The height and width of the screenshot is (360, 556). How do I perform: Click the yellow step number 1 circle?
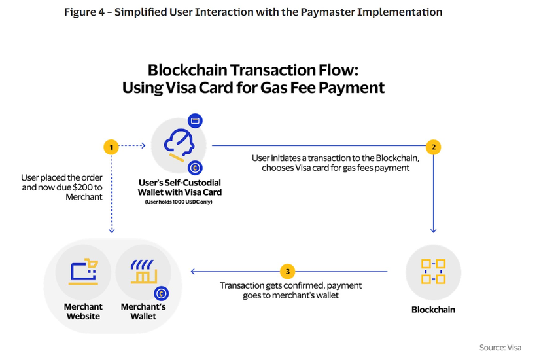[x=113, y=147]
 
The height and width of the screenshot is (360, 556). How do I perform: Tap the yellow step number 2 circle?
[x=432, y=147]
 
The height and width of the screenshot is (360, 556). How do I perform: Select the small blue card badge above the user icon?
[x=194, y=121]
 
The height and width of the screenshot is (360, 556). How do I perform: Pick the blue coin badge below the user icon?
[x=194, y=169]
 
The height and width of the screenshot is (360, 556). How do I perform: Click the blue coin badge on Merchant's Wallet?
[x=160, y=295]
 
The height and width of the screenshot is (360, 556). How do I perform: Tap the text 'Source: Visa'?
[x=500, y=348]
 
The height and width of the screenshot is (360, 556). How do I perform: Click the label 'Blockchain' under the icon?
[x=433, y=309]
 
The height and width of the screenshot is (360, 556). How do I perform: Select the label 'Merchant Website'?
[x=83, y=311]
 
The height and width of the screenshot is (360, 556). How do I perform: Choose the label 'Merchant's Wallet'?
[x=139, y=311]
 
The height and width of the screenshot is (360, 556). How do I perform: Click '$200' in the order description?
[x=80, y=187]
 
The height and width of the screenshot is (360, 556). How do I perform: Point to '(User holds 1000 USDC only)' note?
[x=179, y=202]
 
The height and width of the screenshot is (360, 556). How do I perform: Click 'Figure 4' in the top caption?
[x=86, y=12]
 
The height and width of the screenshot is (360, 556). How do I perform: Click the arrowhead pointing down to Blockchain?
[x=433, y=230]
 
